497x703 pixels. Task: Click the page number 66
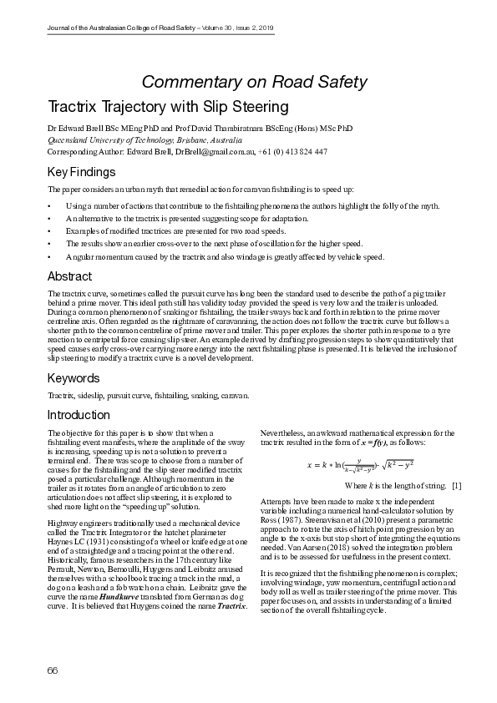[53, 670]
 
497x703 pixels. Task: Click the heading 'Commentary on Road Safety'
[254, 81]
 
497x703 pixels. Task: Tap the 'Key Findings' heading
[81, 172]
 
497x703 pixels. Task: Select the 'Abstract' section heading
[69, 276]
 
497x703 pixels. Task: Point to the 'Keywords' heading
[74, 378]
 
